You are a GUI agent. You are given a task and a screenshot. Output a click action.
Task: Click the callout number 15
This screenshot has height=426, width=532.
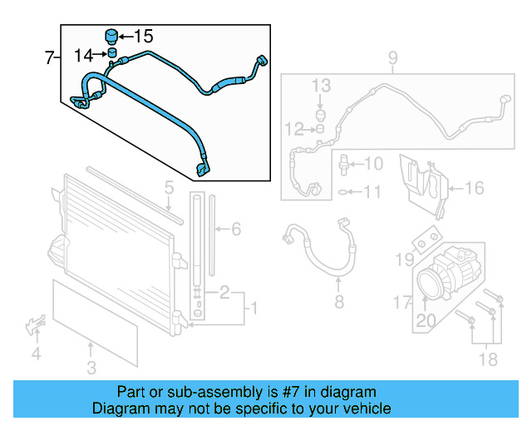(144, 36)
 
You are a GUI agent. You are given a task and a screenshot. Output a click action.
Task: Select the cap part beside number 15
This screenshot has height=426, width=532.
(109, 36)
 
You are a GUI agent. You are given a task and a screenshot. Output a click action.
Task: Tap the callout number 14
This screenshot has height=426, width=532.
(83, 56)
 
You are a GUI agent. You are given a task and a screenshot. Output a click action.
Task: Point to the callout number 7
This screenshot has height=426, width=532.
(49, 58)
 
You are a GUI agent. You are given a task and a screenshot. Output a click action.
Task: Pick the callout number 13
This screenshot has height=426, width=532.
(322, 86)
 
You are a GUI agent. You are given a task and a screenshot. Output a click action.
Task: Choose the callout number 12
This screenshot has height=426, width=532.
(293, 129)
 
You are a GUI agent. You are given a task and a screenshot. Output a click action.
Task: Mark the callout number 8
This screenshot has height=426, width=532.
(338, 302)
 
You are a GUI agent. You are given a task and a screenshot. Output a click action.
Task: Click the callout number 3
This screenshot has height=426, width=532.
(91, 367)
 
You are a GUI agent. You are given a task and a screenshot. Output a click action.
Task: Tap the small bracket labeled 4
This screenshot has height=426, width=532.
(35, 324)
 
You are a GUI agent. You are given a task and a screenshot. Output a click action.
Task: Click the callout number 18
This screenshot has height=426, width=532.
(489, 359)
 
